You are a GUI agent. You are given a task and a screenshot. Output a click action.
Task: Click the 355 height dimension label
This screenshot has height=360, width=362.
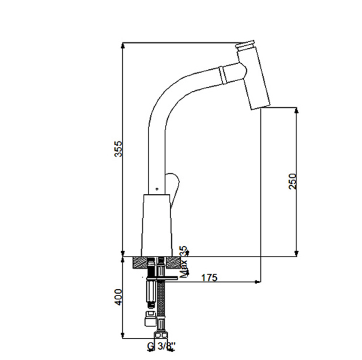point(118,149)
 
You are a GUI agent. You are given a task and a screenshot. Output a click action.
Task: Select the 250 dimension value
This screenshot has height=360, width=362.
point(292,182)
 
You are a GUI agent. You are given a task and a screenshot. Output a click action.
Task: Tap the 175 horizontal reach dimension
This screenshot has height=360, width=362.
point(210,278)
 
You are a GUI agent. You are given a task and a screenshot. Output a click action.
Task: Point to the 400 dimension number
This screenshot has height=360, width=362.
point(118,297)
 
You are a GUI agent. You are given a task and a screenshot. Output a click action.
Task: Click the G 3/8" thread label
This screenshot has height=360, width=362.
point(162,346)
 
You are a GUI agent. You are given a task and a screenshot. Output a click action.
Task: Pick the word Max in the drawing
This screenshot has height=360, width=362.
point(184,269)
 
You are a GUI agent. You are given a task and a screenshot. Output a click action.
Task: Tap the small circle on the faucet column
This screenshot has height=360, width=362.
point(157,189)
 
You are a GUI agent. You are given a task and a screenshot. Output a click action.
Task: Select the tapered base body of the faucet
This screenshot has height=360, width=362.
point(157,225)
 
